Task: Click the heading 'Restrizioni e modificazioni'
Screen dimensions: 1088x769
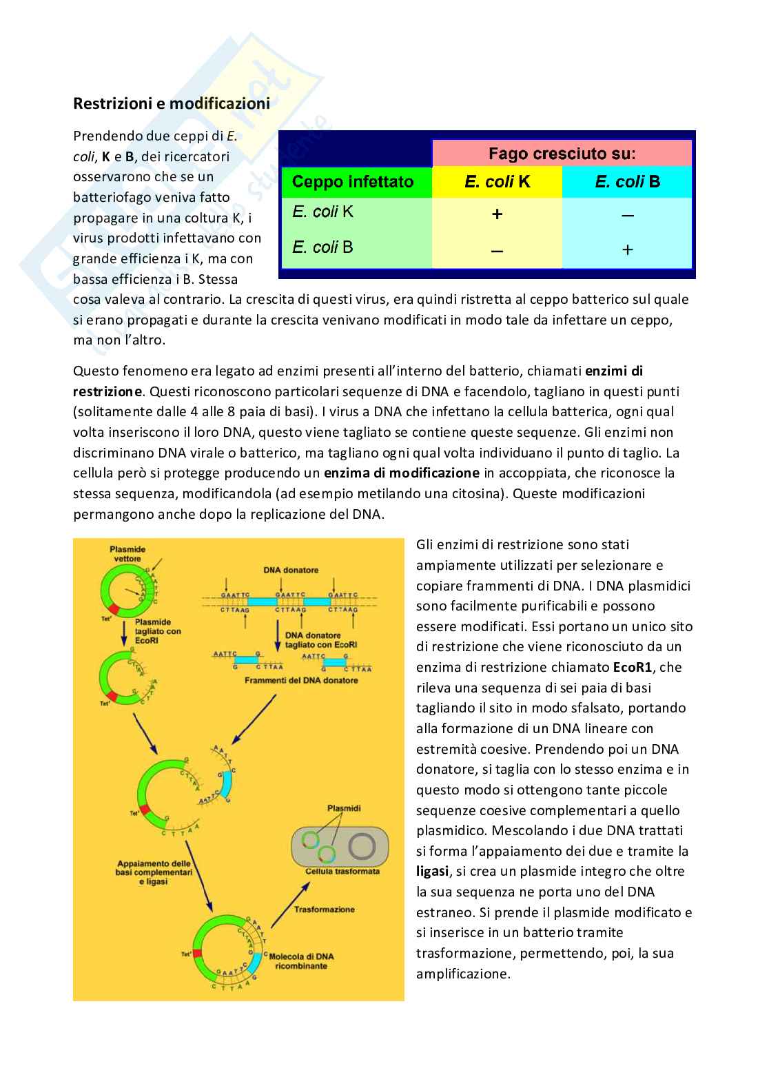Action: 172,104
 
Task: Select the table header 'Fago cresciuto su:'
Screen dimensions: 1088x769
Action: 562,152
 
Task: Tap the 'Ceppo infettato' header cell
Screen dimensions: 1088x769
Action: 353,182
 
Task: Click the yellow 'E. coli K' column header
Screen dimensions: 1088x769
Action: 497,182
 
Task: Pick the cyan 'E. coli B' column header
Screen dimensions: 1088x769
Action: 627,182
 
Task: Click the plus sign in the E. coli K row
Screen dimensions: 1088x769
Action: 497,214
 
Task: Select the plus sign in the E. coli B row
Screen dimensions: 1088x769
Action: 627,249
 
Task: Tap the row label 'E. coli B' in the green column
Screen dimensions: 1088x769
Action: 322,247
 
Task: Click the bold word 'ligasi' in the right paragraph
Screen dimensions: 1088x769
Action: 433,871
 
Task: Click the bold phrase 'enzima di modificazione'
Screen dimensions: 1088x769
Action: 402,473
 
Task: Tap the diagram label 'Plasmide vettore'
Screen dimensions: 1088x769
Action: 127,554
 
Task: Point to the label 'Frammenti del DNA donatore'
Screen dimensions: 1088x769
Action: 302,680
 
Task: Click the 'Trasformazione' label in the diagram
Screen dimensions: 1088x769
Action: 325,909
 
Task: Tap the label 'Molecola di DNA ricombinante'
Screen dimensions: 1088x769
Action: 301,961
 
